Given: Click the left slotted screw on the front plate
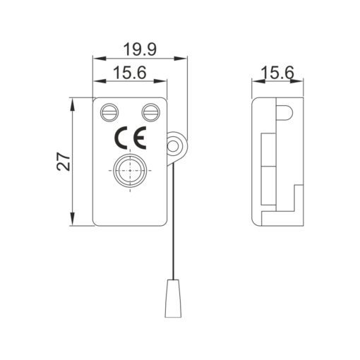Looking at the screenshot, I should (x=110, y=111).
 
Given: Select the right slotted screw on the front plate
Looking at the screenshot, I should (x=150, y=111).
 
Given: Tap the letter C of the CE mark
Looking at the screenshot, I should (x=120, y=137).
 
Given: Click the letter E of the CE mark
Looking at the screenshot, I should (x=137, y=137).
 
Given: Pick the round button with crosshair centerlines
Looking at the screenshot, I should (x=130, y=171).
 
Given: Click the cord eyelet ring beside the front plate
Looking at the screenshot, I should (x=174, y=146).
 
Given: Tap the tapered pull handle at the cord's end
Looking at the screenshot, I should (x=173, y=296).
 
